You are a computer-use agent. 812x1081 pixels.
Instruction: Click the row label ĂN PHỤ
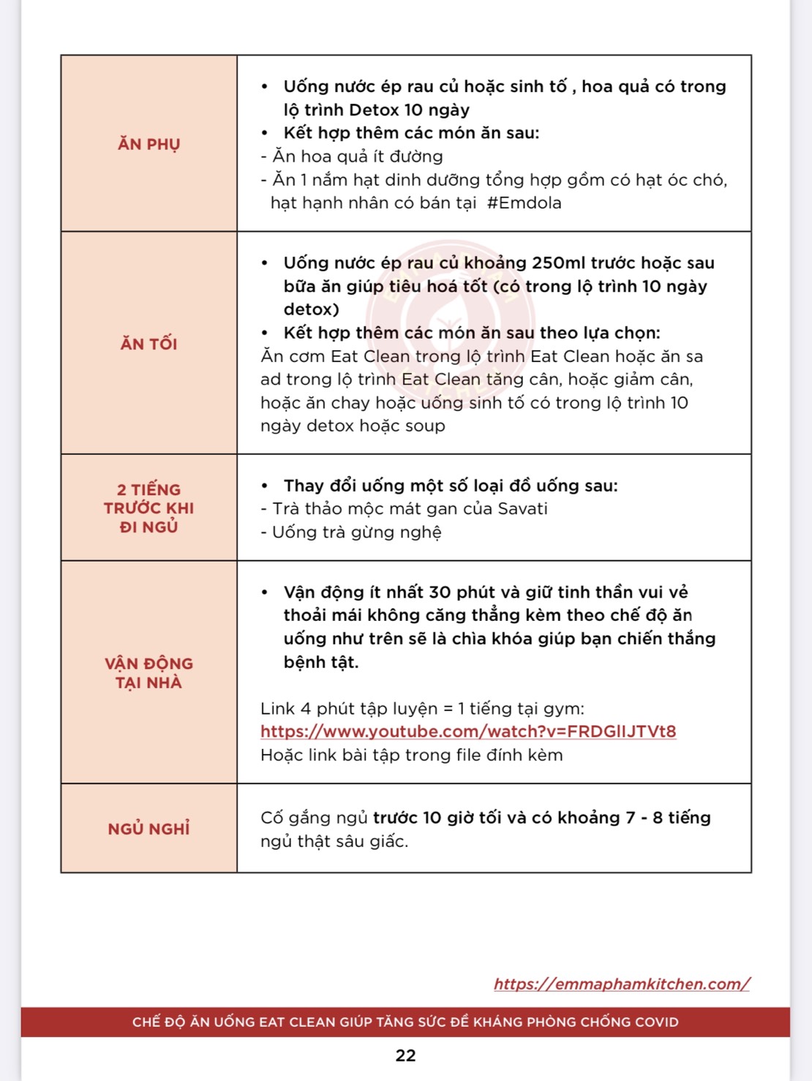click(x=149, y=144)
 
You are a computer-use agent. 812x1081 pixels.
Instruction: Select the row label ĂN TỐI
click(x=149, y=344)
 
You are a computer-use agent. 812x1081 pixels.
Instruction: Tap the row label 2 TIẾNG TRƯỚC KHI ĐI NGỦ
click(x=149, y=508)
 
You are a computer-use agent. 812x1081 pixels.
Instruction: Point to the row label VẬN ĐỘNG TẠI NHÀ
click(x=149, y=673)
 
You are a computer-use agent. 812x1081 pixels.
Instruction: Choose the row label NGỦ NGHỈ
click(x=149, y=829)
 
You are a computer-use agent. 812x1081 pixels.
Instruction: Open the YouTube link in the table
click(x=468, y=731)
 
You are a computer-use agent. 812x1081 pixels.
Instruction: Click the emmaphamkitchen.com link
click(x=622, y=984)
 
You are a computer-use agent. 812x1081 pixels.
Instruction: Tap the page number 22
click(x=405, y=1055)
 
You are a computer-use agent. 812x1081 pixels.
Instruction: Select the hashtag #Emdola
click(x=524, y=203)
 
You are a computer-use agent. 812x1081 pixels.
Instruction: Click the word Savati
click(x=522, y=508)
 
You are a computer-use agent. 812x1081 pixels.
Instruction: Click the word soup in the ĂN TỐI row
click(x=425, y=426)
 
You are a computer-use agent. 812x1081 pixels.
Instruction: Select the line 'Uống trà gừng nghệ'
click(x=351, y=532)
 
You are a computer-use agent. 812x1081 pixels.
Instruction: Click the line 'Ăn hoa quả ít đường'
click(x=352, y=156)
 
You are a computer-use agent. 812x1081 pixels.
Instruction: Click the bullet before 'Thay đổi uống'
click(x=265, y=486)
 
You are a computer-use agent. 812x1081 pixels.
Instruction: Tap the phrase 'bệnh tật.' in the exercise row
click(x=321, y=662)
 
